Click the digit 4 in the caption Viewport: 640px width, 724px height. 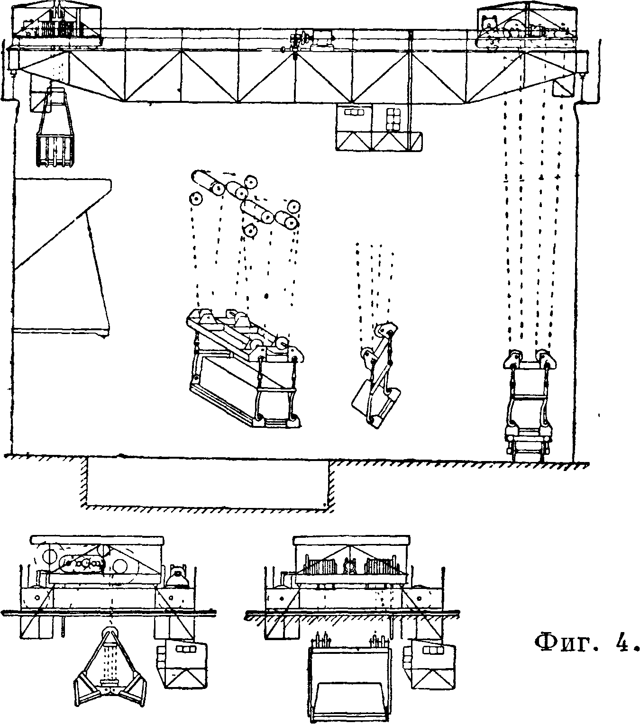(x=621, y=643)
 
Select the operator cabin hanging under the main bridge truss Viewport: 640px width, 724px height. (x=378, y=127)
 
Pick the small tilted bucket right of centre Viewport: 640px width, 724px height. (x=377, y=379)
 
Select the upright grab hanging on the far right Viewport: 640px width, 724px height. (x=529, y=403)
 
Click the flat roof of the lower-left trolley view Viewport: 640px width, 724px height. (x=97, y=540)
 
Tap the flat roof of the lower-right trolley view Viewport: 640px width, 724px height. (x=351, y=541)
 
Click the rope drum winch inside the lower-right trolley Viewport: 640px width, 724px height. (x=351, y=566)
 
